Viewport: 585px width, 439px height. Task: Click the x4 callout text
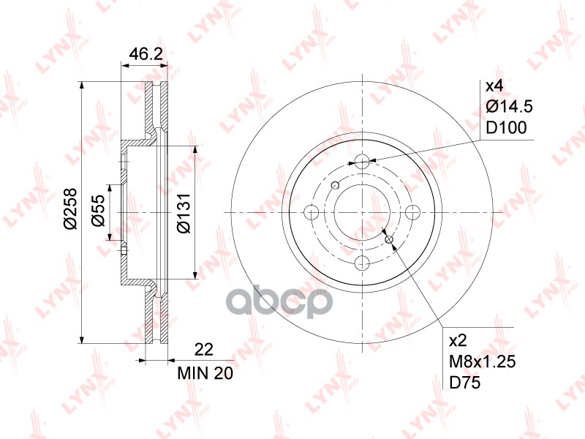(494, 86)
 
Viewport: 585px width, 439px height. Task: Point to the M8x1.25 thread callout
(483, 361)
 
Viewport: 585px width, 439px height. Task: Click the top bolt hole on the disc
(363, 161)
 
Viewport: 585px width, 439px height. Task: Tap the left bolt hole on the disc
(311, 213)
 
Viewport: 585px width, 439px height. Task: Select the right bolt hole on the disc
(415, 213)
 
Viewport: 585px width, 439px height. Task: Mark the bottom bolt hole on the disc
(363, 264)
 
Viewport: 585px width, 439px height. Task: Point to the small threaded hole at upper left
(336, 184)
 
